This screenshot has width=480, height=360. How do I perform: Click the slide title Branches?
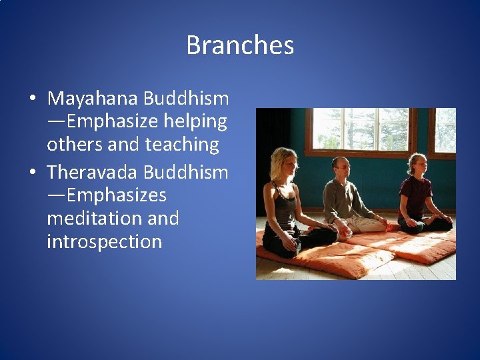click(x=240, y=45)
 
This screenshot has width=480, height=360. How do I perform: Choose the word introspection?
click(x=104, y=241)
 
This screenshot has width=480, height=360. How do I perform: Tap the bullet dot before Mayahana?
click(x=33, y=99)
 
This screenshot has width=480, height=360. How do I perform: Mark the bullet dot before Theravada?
click(x=33, y=173)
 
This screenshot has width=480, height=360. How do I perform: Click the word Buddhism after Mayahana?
click(x=185, y=99)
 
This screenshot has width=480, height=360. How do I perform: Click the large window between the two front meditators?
click(x=360, y=130)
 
